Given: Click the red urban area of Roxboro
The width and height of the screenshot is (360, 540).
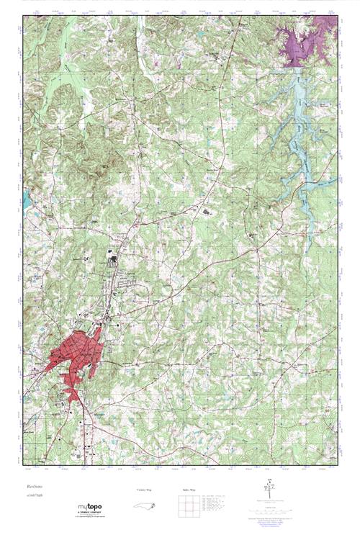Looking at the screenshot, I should click(72, 356).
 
